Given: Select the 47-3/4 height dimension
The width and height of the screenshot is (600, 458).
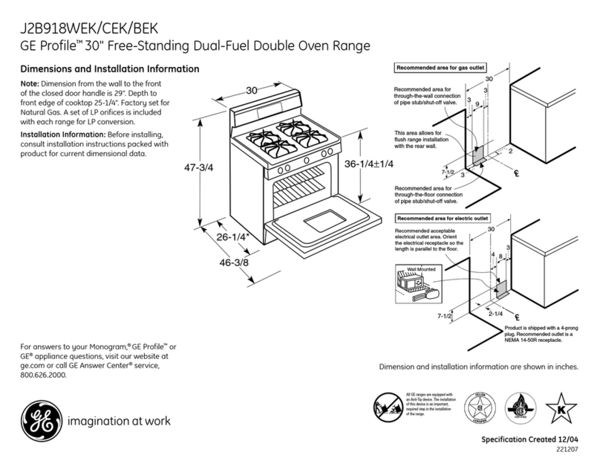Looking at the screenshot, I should pos(198,167).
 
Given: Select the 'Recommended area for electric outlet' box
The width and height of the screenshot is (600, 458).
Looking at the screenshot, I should pos(443,219).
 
